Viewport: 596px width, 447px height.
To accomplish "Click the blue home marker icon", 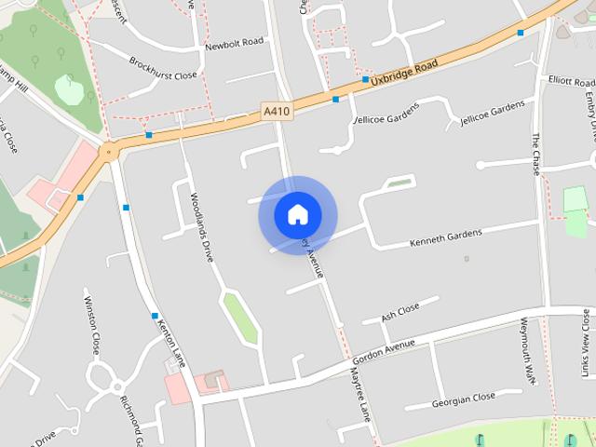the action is click(297, 215).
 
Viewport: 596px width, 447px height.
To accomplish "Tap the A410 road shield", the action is click(276, 112).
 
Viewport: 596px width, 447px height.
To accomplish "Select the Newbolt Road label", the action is click(234, 43).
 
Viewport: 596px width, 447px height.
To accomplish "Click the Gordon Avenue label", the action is click(384, 351).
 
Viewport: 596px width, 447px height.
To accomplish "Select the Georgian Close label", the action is click(463, 400).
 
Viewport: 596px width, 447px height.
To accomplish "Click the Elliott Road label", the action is click(571, 82).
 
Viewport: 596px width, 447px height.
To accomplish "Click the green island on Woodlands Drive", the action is click(238, 316).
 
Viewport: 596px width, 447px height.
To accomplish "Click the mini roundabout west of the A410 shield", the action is click(110, 150).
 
